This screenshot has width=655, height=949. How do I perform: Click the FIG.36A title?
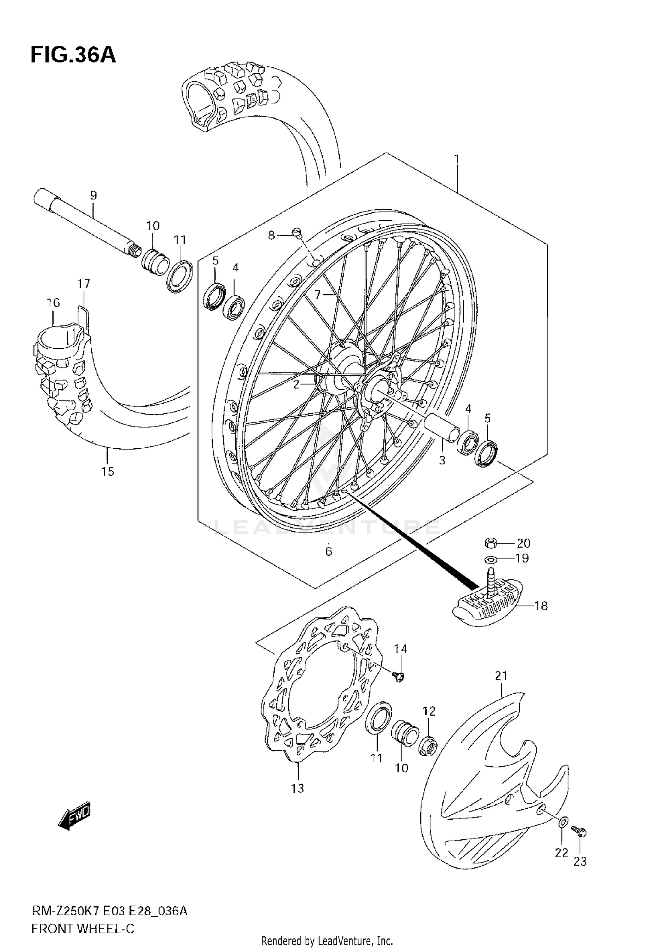73,55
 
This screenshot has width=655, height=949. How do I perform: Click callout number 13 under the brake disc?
298,789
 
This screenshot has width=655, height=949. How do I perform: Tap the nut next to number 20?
491,543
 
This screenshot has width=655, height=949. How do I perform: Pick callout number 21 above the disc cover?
501,676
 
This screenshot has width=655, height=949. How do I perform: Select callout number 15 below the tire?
107,471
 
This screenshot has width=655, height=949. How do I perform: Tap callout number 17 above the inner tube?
84,284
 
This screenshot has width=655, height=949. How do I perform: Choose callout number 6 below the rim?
329,551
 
